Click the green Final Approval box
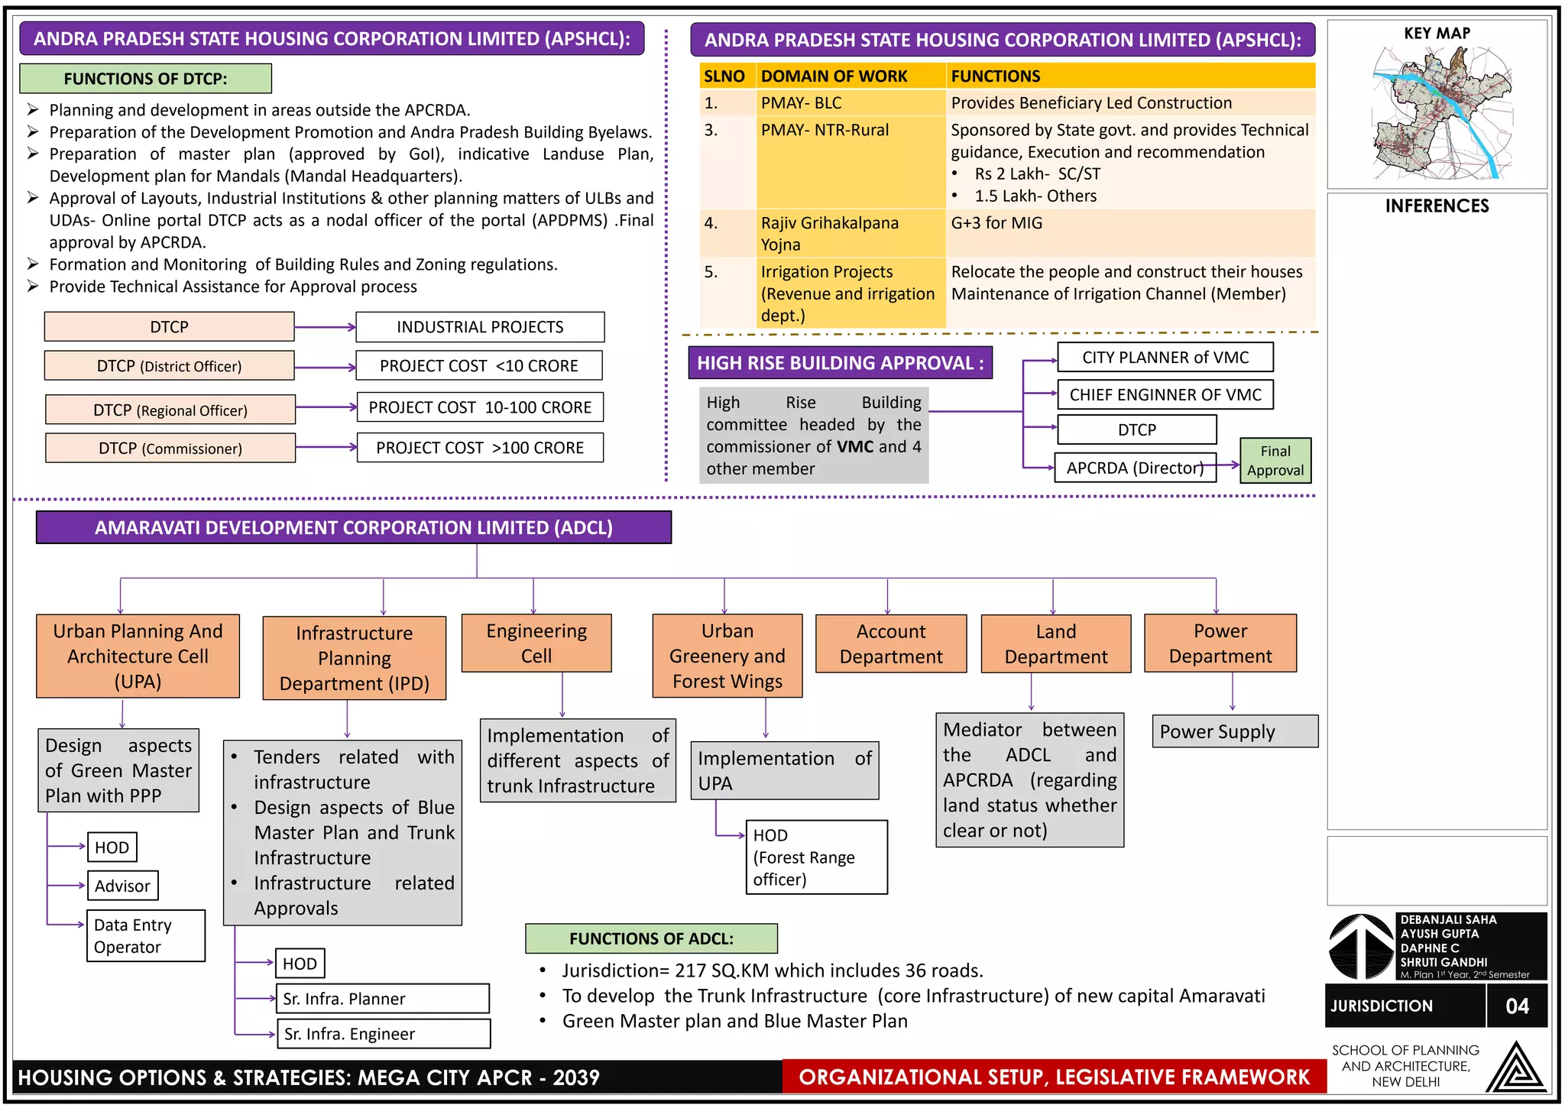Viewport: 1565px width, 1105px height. click(1275, 461)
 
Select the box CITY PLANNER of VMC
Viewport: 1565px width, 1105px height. click(1165, 358)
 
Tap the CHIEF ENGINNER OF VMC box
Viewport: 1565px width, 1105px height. click(1165, 394)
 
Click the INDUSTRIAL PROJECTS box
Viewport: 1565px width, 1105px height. click(480, 327)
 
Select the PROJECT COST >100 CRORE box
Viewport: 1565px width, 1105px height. click(480, 448)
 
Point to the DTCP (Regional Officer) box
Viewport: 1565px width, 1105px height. click(170, 410)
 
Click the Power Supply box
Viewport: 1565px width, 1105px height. click(1234, 731)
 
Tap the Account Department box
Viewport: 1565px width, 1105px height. click(891, 644)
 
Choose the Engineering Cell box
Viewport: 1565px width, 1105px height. click(536, 643)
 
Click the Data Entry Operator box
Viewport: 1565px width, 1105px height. click(145, 935)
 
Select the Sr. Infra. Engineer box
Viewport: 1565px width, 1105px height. click(383, 1034)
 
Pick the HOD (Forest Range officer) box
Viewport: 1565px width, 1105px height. click(816, 857)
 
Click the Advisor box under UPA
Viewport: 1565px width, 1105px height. click(122, 886)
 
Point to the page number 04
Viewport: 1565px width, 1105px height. click(1517, 1006)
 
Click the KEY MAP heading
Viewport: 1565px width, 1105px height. click(1437, 34)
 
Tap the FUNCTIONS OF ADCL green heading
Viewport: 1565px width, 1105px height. click(651, 938)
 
